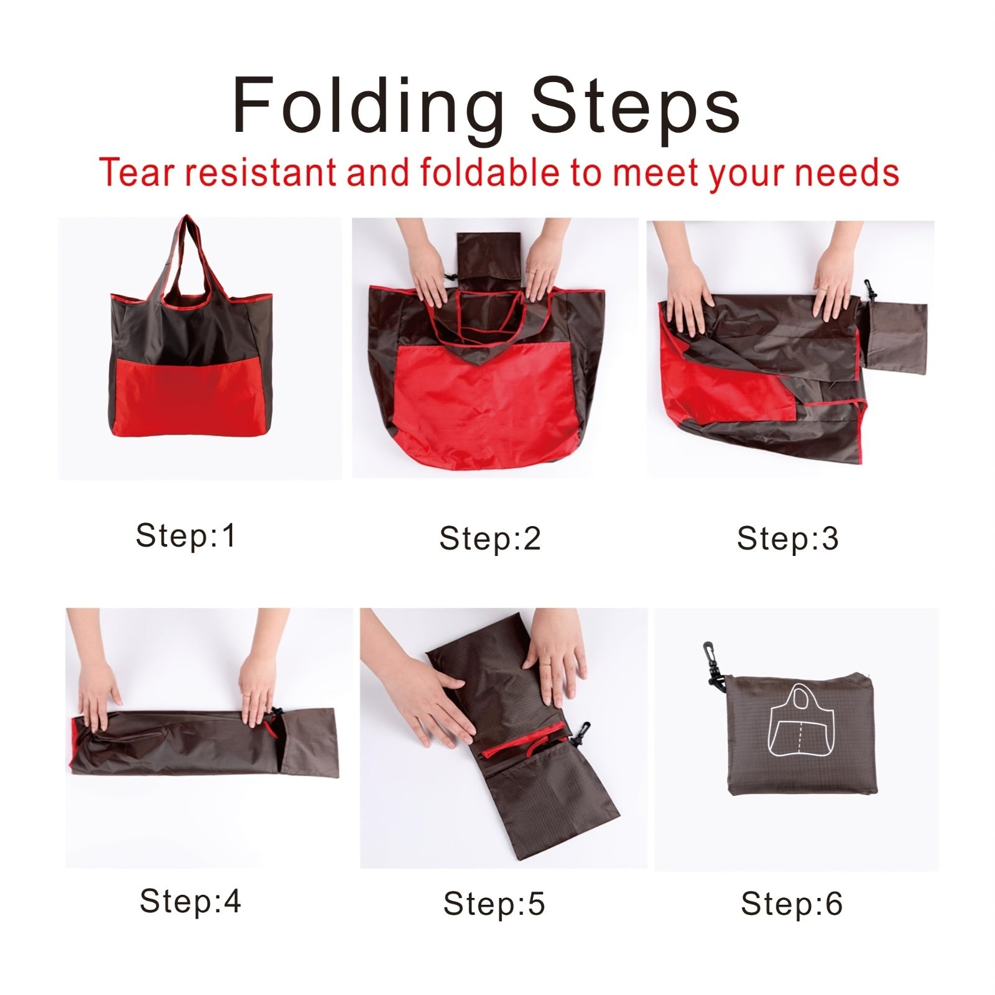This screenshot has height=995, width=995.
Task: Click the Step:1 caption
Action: coord(186,535)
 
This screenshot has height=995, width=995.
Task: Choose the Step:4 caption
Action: coord(190,900)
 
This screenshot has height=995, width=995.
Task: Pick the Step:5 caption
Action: coord(494,904)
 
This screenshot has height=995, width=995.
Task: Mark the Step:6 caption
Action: coord(792,904)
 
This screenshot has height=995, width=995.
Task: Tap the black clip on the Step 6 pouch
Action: coord(715,667)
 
